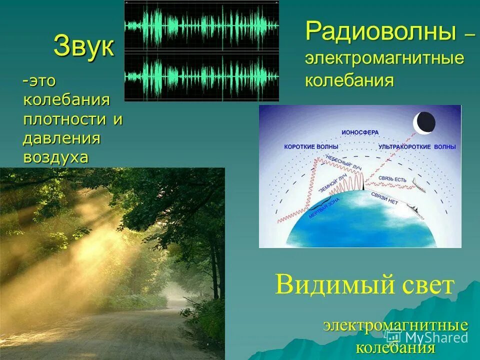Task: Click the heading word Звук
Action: point(83,46)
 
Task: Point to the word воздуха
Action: point(55,157)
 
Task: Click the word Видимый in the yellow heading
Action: point(324,285)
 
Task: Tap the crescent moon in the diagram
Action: point(424,122)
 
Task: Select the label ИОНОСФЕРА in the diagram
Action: point(360,132)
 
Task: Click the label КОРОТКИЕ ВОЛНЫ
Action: point(311,147)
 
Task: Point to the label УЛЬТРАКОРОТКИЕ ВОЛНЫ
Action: point(417,147)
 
